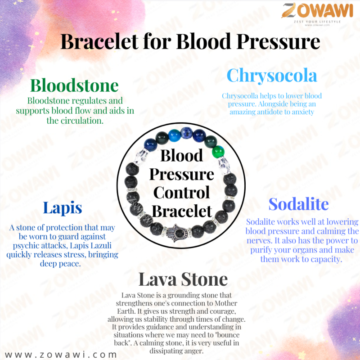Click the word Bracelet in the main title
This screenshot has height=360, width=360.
coord(99,41)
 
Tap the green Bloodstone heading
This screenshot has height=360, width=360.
coord(74,85)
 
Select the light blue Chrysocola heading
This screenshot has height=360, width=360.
coord(272,76)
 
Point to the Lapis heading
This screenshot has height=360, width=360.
coord(63,208)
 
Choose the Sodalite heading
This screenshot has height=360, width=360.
coord(298,204)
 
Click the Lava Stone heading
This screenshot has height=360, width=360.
coord(183,279)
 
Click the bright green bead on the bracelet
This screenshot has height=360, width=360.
coord(218,152)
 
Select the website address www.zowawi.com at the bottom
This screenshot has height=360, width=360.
coord(61,354)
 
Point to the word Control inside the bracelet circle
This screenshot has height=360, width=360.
coord(181,193)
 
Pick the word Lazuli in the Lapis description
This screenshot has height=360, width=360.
coord(100,246)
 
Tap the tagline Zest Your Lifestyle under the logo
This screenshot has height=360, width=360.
coord(317,22)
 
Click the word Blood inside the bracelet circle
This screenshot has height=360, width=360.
coord(181,155)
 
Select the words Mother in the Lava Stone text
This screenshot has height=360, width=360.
coord(226,303)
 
